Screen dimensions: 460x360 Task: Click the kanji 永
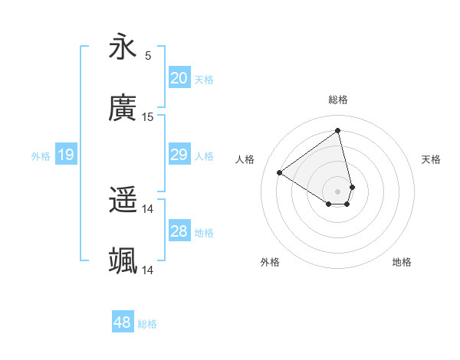(x=123, y=47)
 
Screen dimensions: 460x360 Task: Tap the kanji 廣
(x=123, y=109)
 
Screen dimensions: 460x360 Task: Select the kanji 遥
(x=123, y=201)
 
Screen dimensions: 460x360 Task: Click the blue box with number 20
(x=179, y=78)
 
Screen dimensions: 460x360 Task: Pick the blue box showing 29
(x=179, y=155)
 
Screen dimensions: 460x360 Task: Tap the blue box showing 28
(x=179, y=231)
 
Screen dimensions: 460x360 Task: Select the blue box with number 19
(x=65, y=155)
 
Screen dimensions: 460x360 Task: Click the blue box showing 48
(x=122, y=322)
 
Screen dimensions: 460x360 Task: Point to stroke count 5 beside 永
(x=148, y=55)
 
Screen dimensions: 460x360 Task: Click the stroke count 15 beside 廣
(x=148, y=116)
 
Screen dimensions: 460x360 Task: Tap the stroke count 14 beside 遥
(x=148, y=208)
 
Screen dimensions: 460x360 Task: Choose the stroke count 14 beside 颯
(x=148, y=270)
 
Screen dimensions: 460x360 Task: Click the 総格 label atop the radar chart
(x=338, y=100)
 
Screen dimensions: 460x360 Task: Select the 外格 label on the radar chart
(x=270, y=262)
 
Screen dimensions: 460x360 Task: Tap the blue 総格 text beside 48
(x=147, y=324)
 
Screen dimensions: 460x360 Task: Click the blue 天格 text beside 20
(x=204, y=79)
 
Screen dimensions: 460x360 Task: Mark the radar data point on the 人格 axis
(x=280, y=173)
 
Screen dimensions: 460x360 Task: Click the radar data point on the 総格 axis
(x=338, y=130)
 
